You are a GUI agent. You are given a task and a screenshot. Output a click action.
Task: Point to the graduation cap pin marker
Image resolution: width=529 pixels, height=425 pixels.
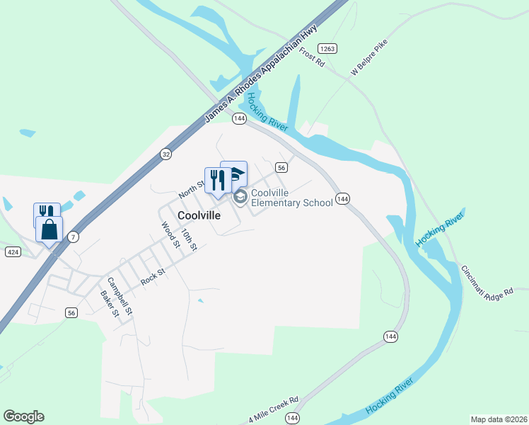point(234,174)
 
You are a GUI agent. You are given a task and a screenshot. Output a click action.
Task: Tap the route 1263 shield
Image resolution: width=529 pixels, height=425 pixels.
point(326,48)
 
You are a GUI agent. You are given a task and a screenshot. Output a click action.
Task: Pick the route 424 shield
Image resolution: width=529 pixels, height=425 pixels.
point(12,251)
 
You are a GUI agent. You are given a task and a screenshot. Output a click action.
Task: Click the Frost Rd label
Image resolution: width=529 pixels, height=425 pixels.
point(311,57)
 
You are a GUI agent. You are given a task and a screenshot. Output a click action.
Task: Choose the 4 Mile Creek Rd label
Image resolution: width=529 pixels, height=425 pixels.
point(275,408)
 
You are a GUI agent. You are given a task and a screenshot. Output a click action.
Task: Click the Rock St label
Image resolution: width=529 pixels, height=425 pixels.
point(152,276)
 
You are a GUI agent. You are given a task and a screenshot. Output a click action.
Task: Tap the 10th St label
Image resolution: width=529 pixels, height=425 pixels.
point(187,239)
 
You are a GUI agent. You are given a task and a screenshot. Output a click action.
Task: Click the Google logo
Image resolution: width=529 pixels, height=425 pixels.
point(23,416)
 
